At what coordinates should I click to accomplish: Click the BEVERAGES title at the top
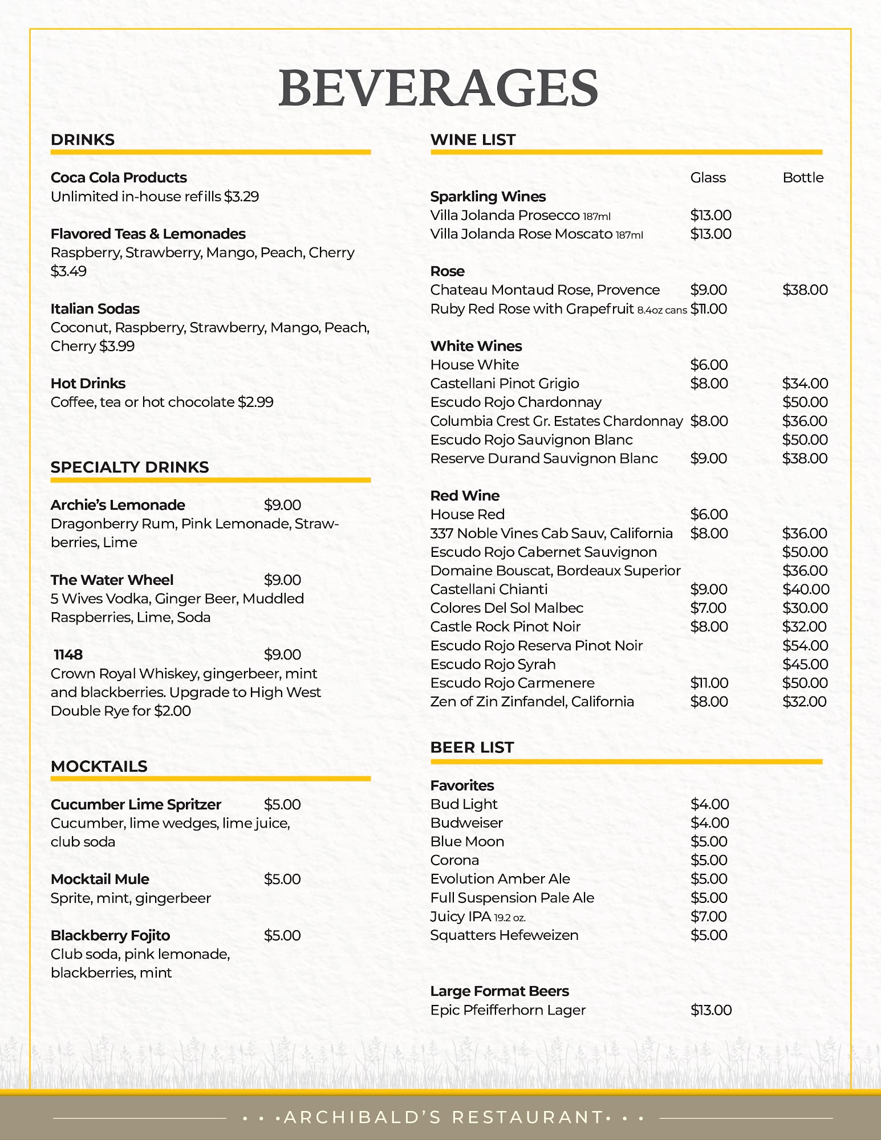click(x=438, y=88)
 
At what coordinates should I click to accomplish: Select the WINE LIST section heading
click(x=473, y=140)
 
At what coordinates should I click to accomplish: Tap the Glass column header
click(x=708, y=177)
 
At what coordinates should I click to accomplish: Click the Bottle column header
click(x=803, y=177)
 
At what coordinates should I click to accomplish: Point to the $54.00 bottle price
click(x=805, y=645)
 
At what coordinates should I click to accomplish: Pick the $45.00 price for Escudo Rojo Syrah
click(x=805, y=664)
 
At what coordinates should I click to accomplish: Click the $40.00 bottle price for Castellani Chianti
click(x=805, y=589)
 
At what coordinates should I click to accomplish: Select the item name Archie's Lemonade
click(x=117, y=505)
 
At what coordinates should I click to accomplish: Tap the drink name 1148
click(x=68, y=654)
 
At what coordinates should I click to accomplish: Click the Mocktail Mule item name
click(x=100, y=879)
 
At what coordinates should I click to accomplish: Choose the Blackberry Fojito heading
click(x=110, y=935)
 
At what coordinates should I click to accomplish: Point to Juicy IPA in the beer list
click(x=460, y=916)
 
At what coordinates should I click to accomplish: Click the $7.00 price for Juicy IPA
click(x=709, y=916)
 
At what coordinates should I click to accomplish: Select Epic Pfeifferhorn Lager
click(x=508, y=1010)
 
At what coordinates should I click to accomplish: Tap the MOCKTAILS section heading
click(x=99, y=766)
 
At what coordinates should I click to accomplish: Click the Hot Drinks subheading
click(x=88, y=383)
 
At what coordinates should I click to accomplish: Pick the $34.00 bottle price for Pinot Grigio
click(x=805, y=383)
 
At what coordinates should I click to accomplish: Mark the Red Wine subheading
click(x=465, y=495)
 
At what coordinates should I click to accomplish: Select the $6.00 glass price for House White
click(x=709, y=364)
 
